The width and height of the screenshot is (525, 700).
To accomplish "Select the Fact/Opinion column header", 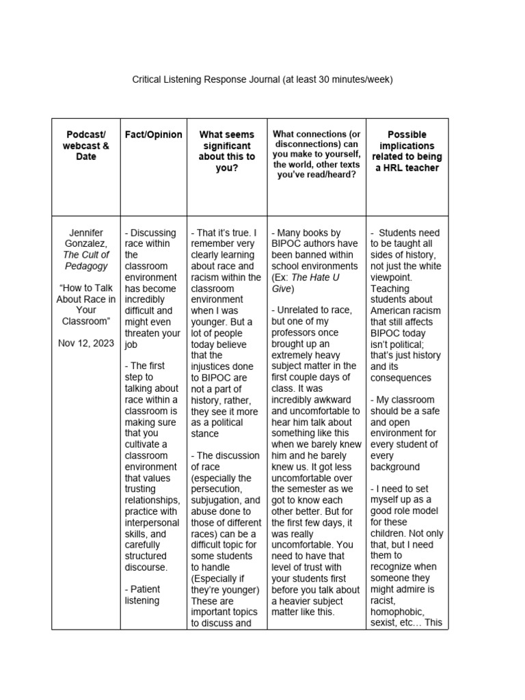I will coord(153,135).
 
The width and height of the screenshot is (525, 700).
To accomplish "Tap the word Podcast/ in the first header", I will coord(87,135).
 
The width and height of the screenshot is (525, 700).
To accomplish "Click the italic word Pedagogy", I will coord(87,266).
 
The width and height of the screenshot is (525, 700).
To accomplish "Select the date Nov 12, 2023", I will coord(87,342).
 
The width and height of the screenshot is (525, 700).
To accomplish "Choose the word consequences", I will coord(401,378).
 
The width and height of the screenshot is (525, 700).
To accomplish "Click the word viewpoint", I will coord(392,278).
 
